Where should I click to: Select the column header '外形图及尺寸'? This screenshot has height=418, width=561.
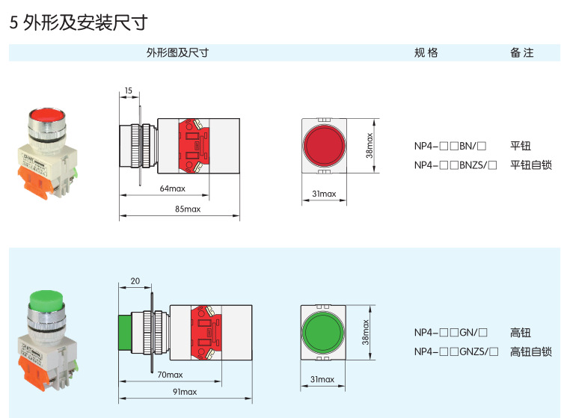click(177, 52)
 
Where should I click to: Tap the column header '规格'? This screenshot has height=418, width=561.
click(426, 52)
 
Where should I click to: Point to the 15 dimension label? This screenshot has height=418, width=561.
click(128, 91)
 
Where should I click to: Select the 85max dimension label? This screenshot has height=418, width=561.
click(187, 209)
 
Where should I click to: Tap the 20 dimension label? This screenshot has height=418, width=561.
click(135, 282)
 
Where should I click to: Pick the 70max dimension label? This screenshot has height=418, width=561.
click(169, 375)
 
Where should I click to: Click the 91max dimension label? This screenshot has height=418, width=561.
click(184, 392)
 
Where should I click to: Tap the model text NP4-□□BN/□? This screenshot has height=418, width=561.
click(450, 147)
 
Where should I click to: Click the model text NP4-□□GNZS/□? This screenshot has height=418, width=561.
click(456, 351)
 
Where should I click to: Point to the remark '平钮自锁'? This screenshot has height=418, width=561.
click(530, 165)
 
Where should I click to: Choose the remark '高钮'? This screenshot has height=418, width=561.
click(520, 332)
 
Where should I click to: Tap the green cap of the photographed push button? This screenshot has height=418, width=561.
click(46, 300)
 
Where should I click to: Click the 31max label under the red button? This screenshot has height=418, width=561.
click(324, 194)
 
